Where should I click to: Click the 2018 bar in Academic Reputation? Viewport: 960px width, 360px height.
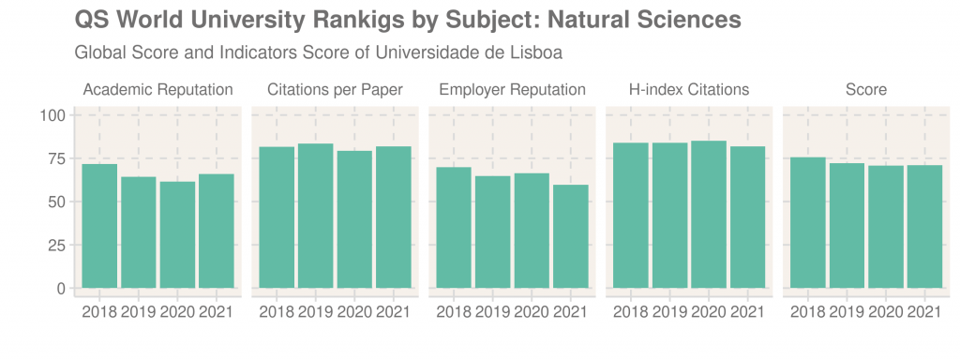tap(99, 226)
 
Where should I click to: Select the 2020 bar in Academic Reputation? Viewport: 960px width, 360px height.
tap(177, 234)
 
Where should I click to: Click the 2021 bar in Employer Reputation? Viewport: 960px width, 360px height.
tap(570, 236)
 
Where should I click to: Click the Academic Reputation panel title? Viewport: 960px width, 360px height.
tap(157, 90)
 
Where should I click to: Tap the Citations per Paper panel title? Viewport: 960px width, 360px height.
tap(335, 90)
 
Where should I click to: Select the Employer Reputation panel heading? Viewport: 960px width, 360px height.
tap(512, 90)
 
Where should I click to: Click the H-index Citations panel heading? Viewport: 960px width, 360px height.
tap(689, 90)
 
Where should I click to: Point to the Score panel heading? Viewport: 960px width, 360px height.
tap(866, 90)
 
